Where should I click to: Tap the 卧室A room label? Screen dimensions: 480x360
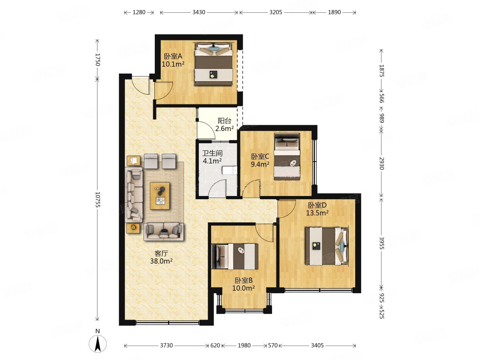pyautogui.click(x=173, y=57)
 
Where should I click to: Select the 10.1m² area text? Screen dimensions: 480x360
pyautogui.click(x=173, y=64)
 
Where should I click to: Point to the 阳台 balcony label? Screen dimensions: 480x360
pyautogui.click(x=224, y=121)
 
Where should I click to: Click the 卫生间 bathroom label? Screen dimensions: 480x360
pyautogui.click(x=212, y=154)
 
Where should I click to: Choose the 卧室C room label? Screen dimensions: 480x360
pyautogui.click(x=260, y=156)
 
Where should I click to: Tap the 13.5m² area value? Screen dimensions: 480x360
pyautogui.click(x=317, y=213)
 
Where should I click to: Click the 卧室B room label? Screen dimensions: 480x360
pyautogui.click(x=244, y=280)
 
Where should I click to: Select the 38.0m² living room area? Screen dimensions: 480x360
pyautogui.click(x=161, y=261)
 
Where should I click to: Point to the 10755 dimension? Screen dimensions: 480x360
pyautogui.click(x=98, y=200)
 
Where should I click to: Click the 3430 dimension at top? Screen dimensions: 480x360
pyautogui.click(x=199, y=12)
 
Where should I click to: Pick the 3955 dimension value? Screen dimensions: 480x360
pyautogui.click(x=382, y=243)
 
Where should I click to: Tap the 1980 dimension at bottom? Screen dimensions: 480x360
pyautogui.click(x=244, y=345)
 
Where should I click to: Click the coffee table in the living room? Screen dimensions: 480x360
pyautogui.click(x=160, y=196)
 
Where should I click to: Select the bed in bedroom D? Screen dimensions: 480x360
pyautogui.click(x=327, y=246)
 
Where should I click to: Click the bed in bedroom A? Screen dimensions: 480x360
pyautogui.click(x=214, y=64)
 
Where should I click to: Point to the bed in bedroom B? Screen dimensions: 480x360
pyautogui.click(x=235, y=256)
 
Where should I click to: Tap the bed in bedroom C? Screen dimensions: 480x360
pyautogui.click(x=287, y=157)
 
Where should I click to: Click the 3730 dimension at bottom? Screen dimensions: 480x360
pyautogui.click(x=166, y=345)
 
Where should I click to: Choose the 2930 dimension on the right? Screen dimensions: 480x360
pyautogui.click(x=382, y=163)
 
